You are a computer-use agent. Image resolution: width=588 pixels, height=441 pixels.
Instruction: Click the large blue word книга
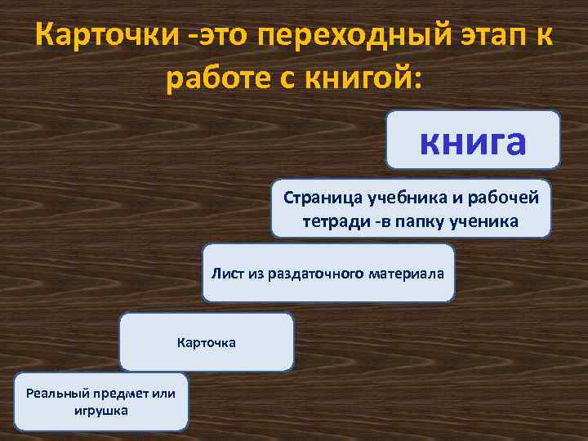coord(473,140)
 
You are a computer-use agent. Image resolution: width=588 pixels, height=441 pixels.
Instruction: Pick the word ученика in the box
coord(487,220)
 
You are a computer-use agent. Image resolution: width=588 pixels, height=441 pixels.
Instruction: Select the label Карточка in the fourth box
coord(207,342)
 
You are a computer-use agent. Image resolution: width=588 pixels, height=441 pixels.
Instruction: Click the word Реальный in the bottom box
coord(56,393)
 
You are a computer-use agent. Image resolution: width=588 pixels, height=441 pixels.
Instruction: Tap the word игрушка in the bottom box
coord(100,410)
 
